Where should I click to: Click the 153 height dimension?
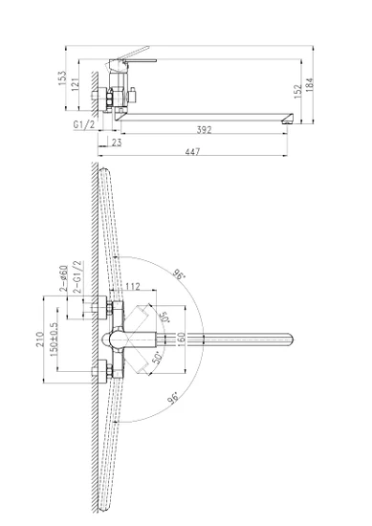point(63,78)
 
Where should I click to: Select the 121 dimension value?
point(76,84)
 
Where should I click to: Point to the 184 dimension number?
point(310,84)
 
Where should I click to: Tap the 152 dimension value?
point(297,91)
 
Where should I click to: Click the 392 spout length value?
point(205,129)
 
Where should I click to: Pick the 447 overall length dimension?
point(192,152)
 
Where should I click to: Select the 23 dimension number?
point(117,142)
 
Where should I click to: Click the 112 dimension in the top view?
point(133,286)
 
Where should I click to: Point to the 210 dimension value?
point(40,340)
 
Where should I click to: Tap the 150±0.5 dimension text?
point(54,340)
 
